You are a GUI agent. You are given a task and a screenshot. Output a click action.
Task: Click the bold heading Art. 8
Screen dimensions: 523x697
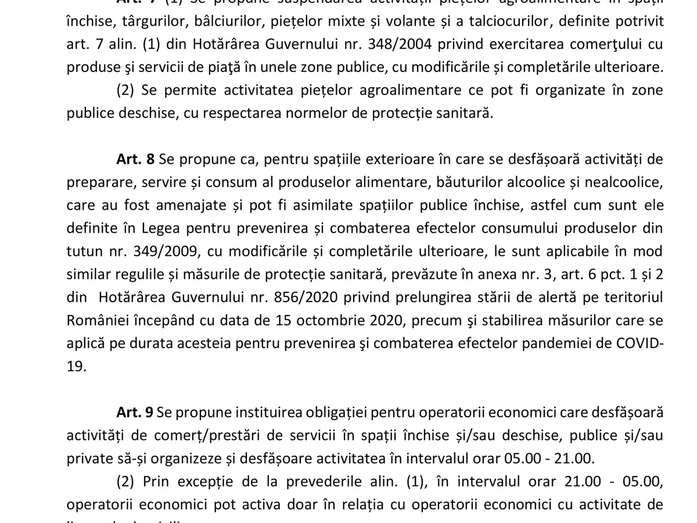(135, 159)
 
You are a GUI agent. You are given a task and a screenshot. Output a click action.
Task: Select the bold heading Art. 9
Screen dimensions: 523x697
(135, 412)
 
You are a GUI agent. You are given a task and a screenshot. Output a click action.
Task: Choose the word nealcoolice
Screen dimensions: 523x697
(615, 182)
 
